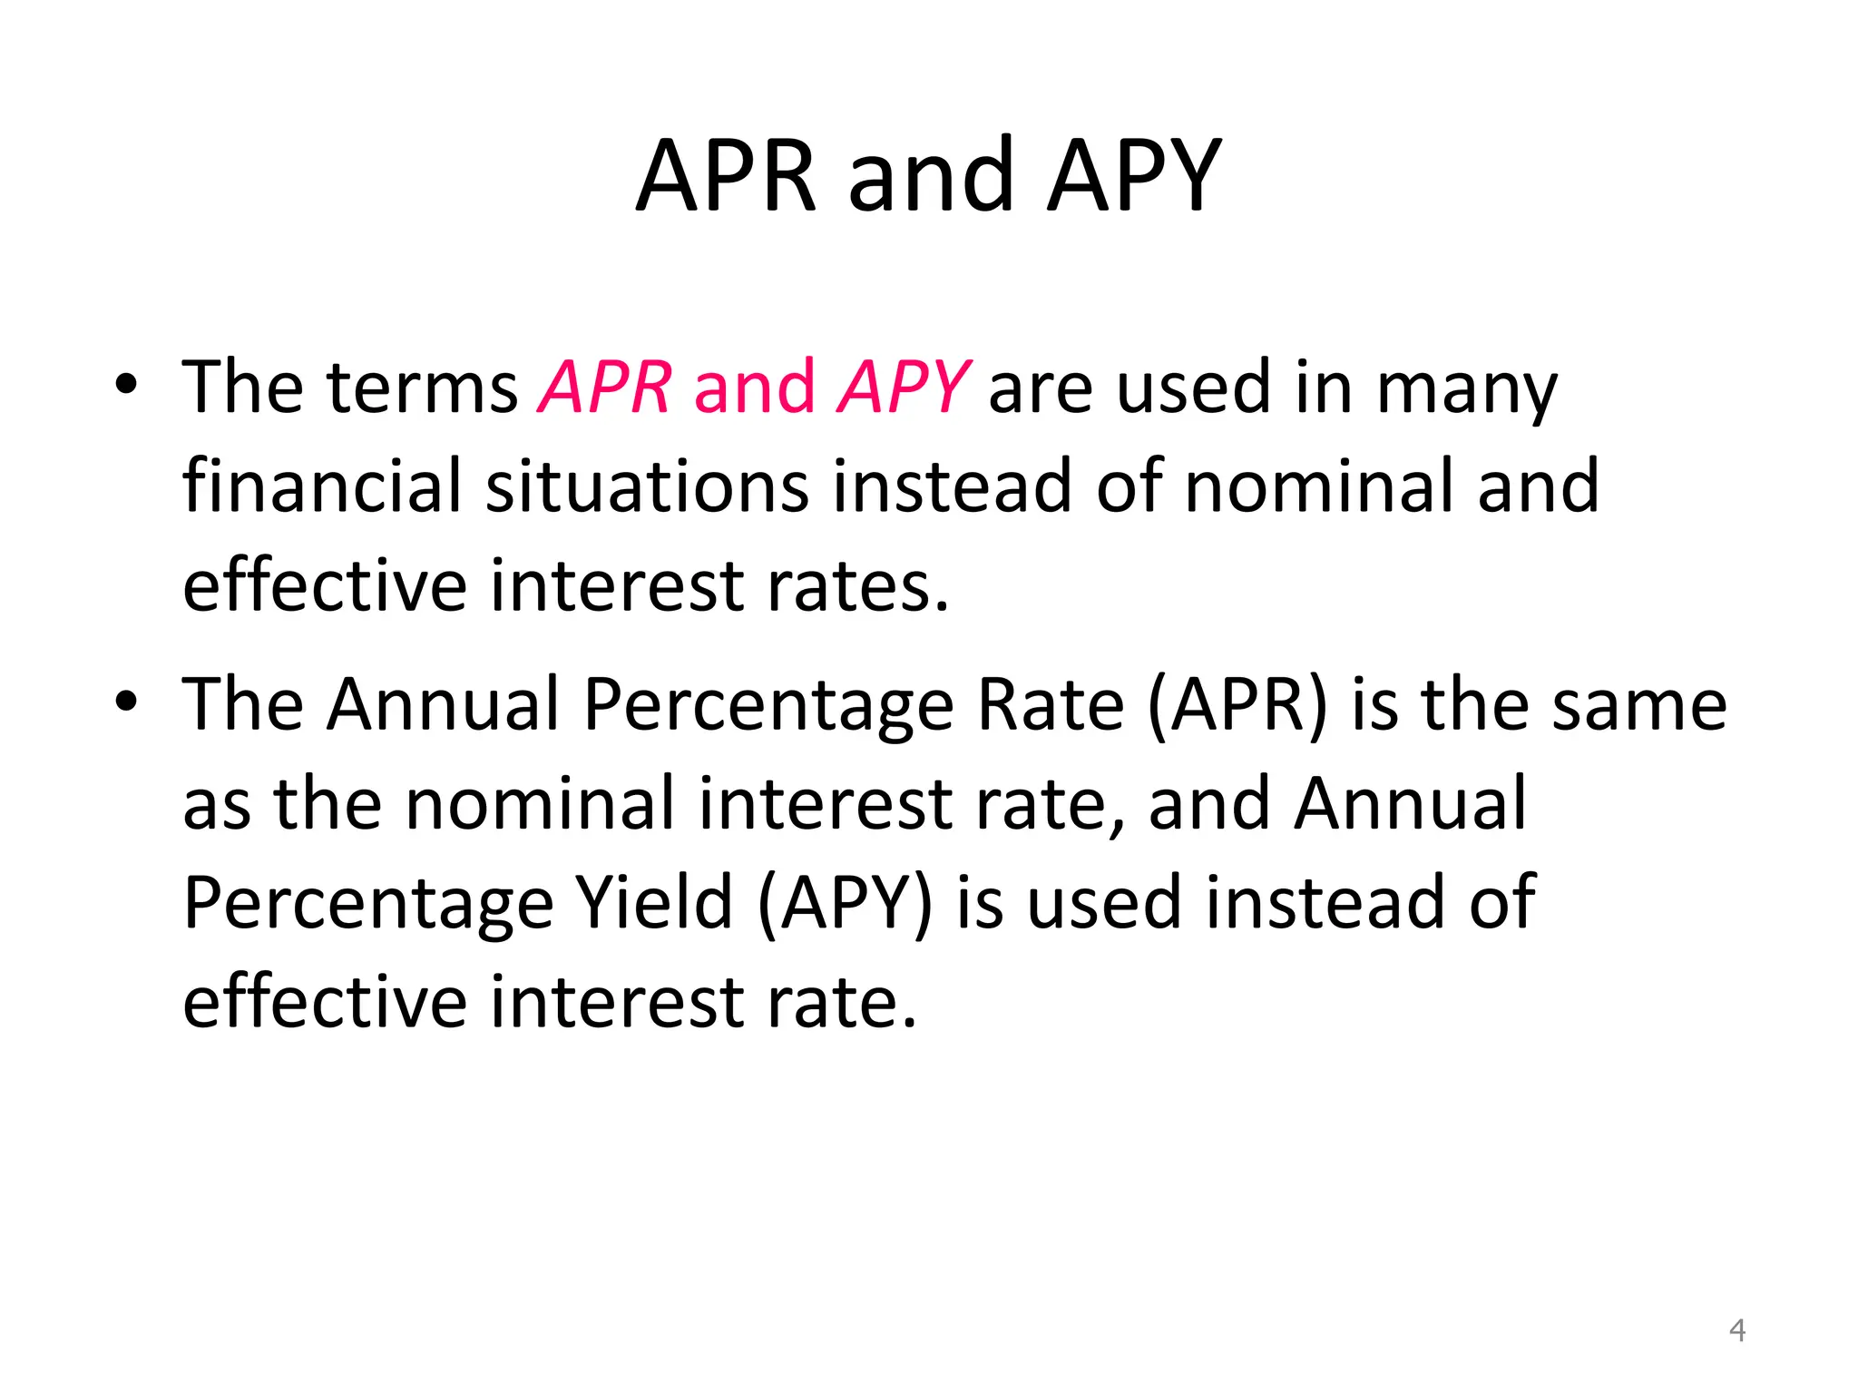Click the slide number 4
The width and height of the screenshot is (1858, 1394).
[1736, 1330]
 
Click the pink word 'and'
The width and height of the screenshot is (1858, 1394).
[754, 388]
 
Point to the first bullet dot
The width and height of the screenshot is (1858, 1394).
[126, 385]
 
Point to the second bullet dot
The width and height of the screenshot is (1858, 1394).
[126, 702]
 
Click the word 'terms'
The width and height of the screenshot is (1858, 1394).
[422, 388]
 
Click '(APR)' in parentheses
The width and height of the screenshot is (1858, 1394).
[1237, 706]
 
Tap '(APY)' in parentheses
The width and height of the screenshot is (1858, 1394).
[844, 904]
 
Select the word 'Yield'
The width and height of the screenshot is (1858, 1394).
[655, 902]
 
